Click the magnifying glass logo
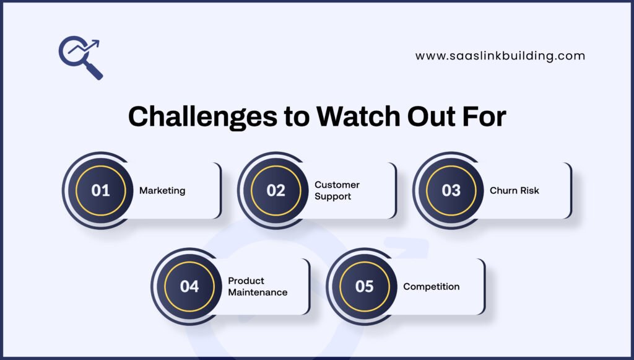[81, 57]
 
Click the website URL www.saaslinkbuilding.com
[500, 56]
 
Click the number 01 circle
[100, 191]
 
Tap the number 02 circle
[276, 191]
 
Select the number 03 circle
[451, 191]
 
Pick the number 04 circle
[189, 287]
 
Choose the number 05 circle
[364, 287]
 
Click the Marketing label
[162, 191]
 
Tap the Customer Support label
[337, 191]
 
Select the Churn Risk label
[515, 191]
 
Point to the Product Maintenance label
[258, 287]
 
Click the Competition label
[432, 287]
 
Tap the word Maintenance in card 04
[258, 292]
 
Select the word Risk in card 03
[529, 191]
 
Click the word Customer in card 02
[337, 185]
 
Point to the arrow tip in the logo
[98, 42]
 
